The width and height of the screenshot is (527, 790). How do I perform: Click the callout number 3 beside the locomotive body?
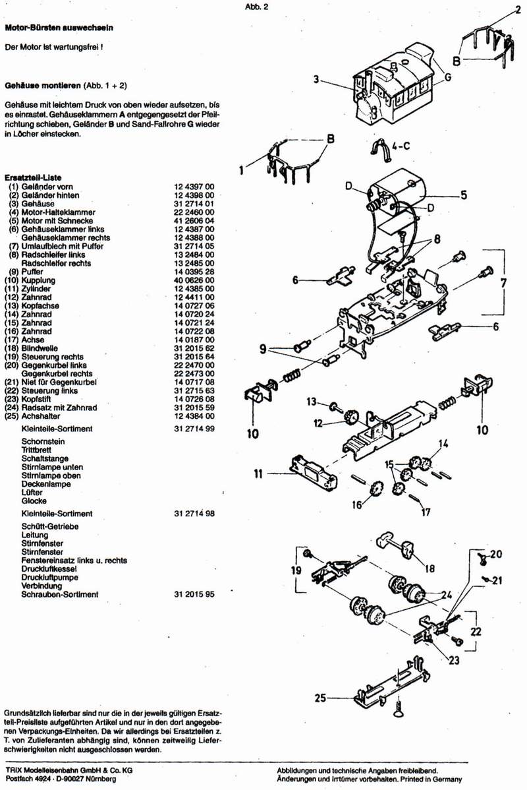point(316,80)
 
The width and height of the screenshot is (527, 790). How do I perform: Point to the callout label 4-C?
point(400,146)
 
